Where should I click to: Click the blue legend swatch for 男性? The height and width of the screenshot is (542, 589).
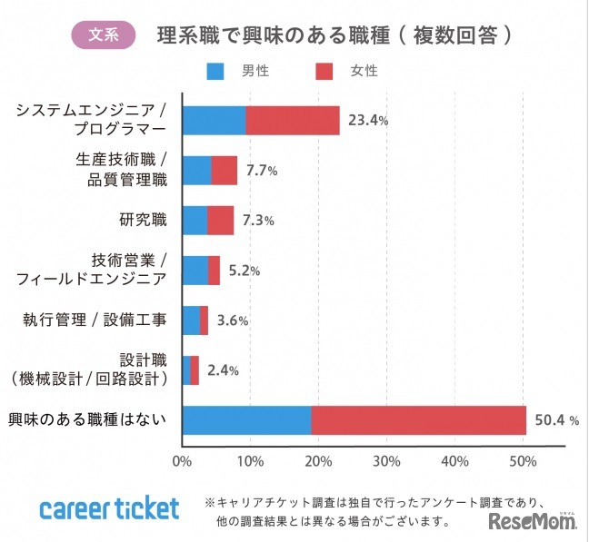(216, 70)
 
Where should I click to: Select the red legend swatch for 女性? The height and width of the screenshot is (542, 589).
(324, 70)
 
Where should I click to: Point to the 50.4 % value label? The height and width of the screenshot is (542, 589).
(557, 420)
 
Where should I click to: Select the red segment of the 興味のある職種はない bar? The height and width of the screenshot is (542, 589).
(419, 420)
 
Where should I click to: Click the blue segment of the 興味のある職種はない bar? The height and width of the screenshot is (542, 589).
(247, 420)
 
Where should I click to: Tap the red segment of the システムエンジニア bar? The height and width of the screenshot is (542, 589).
(293, 120)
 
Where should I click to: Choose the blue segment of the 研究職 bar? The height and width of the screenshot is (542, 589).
(195, 221)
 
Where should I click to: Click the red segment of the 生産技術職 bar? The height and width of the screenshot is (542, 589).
(225, 171)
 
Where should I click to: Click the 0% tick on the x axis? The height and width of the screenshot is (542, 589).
(182, 461)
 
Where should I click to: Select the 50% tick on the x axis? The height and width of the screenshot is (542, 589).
(523, 461)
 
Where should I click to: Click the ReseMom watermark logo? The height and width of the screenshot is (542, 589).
(533, 520)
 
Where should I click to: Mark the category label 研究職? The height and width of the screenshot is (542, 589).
(143, 221)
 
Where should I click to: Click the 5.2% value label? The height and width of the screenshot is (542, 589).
(245, 271)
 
